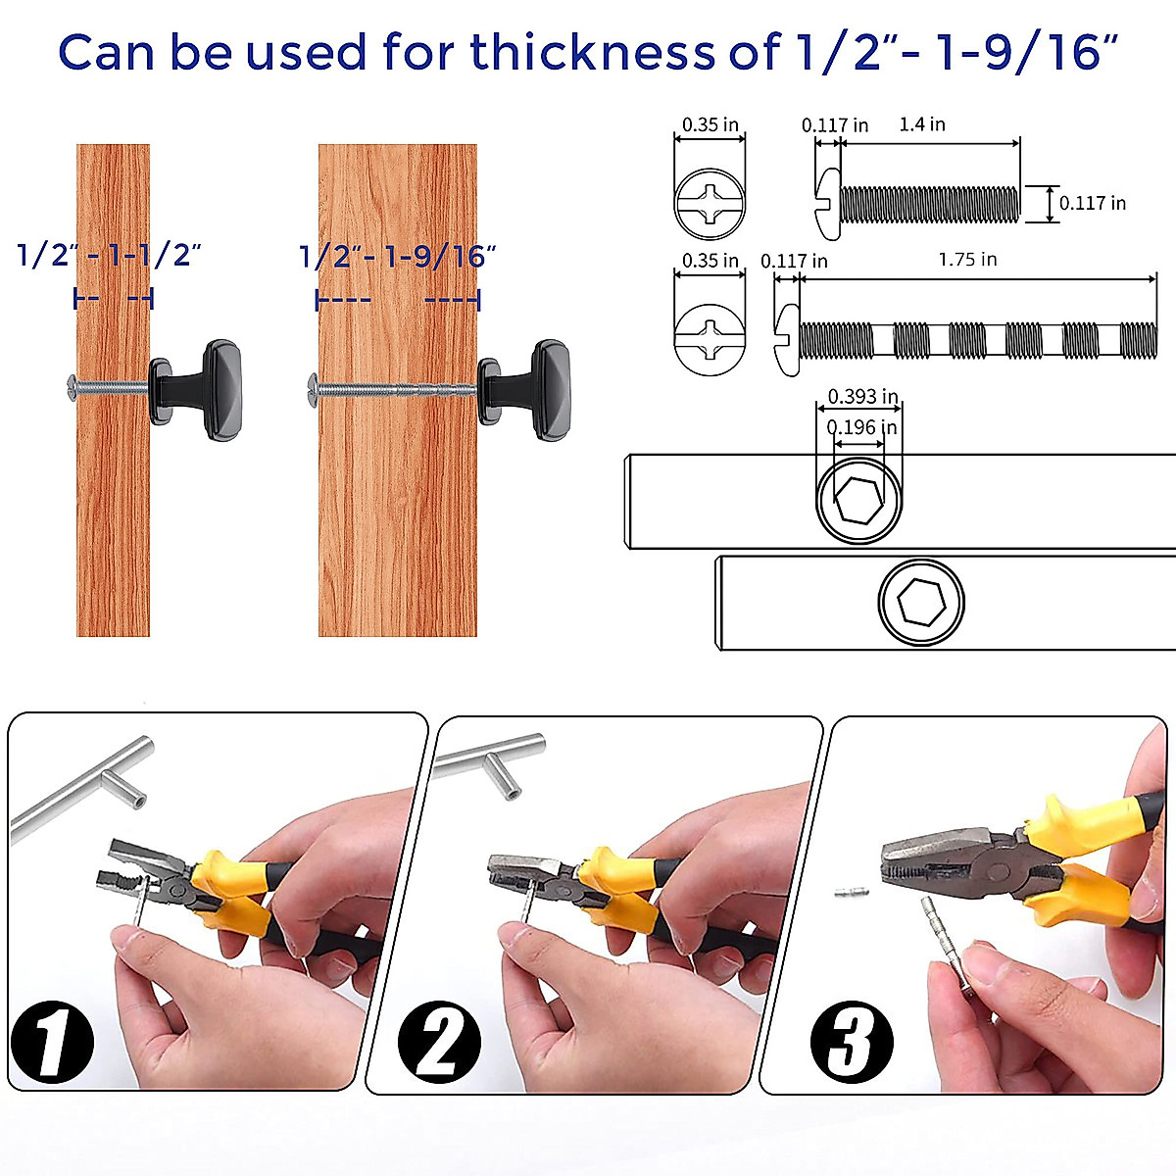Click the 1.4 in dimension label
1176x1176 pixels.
922,124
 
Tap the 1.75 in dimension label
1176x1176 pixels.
967,260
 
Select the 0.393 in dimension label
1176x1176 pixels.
862,397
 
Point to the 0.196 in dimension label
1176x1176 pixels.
861,427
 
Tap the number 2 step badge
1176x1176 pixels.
440,1041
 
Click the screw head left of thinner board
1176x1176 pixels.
70,385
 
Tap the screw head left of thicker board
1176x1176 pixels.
312,388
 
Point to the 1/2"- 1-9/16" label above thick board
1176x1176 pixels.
397,257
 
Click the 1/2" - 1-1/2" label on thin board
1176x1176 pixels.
110,256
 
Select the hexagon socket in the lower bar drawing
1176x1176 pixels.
920,600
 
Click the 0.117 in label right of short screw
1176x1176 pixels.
1092,204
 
